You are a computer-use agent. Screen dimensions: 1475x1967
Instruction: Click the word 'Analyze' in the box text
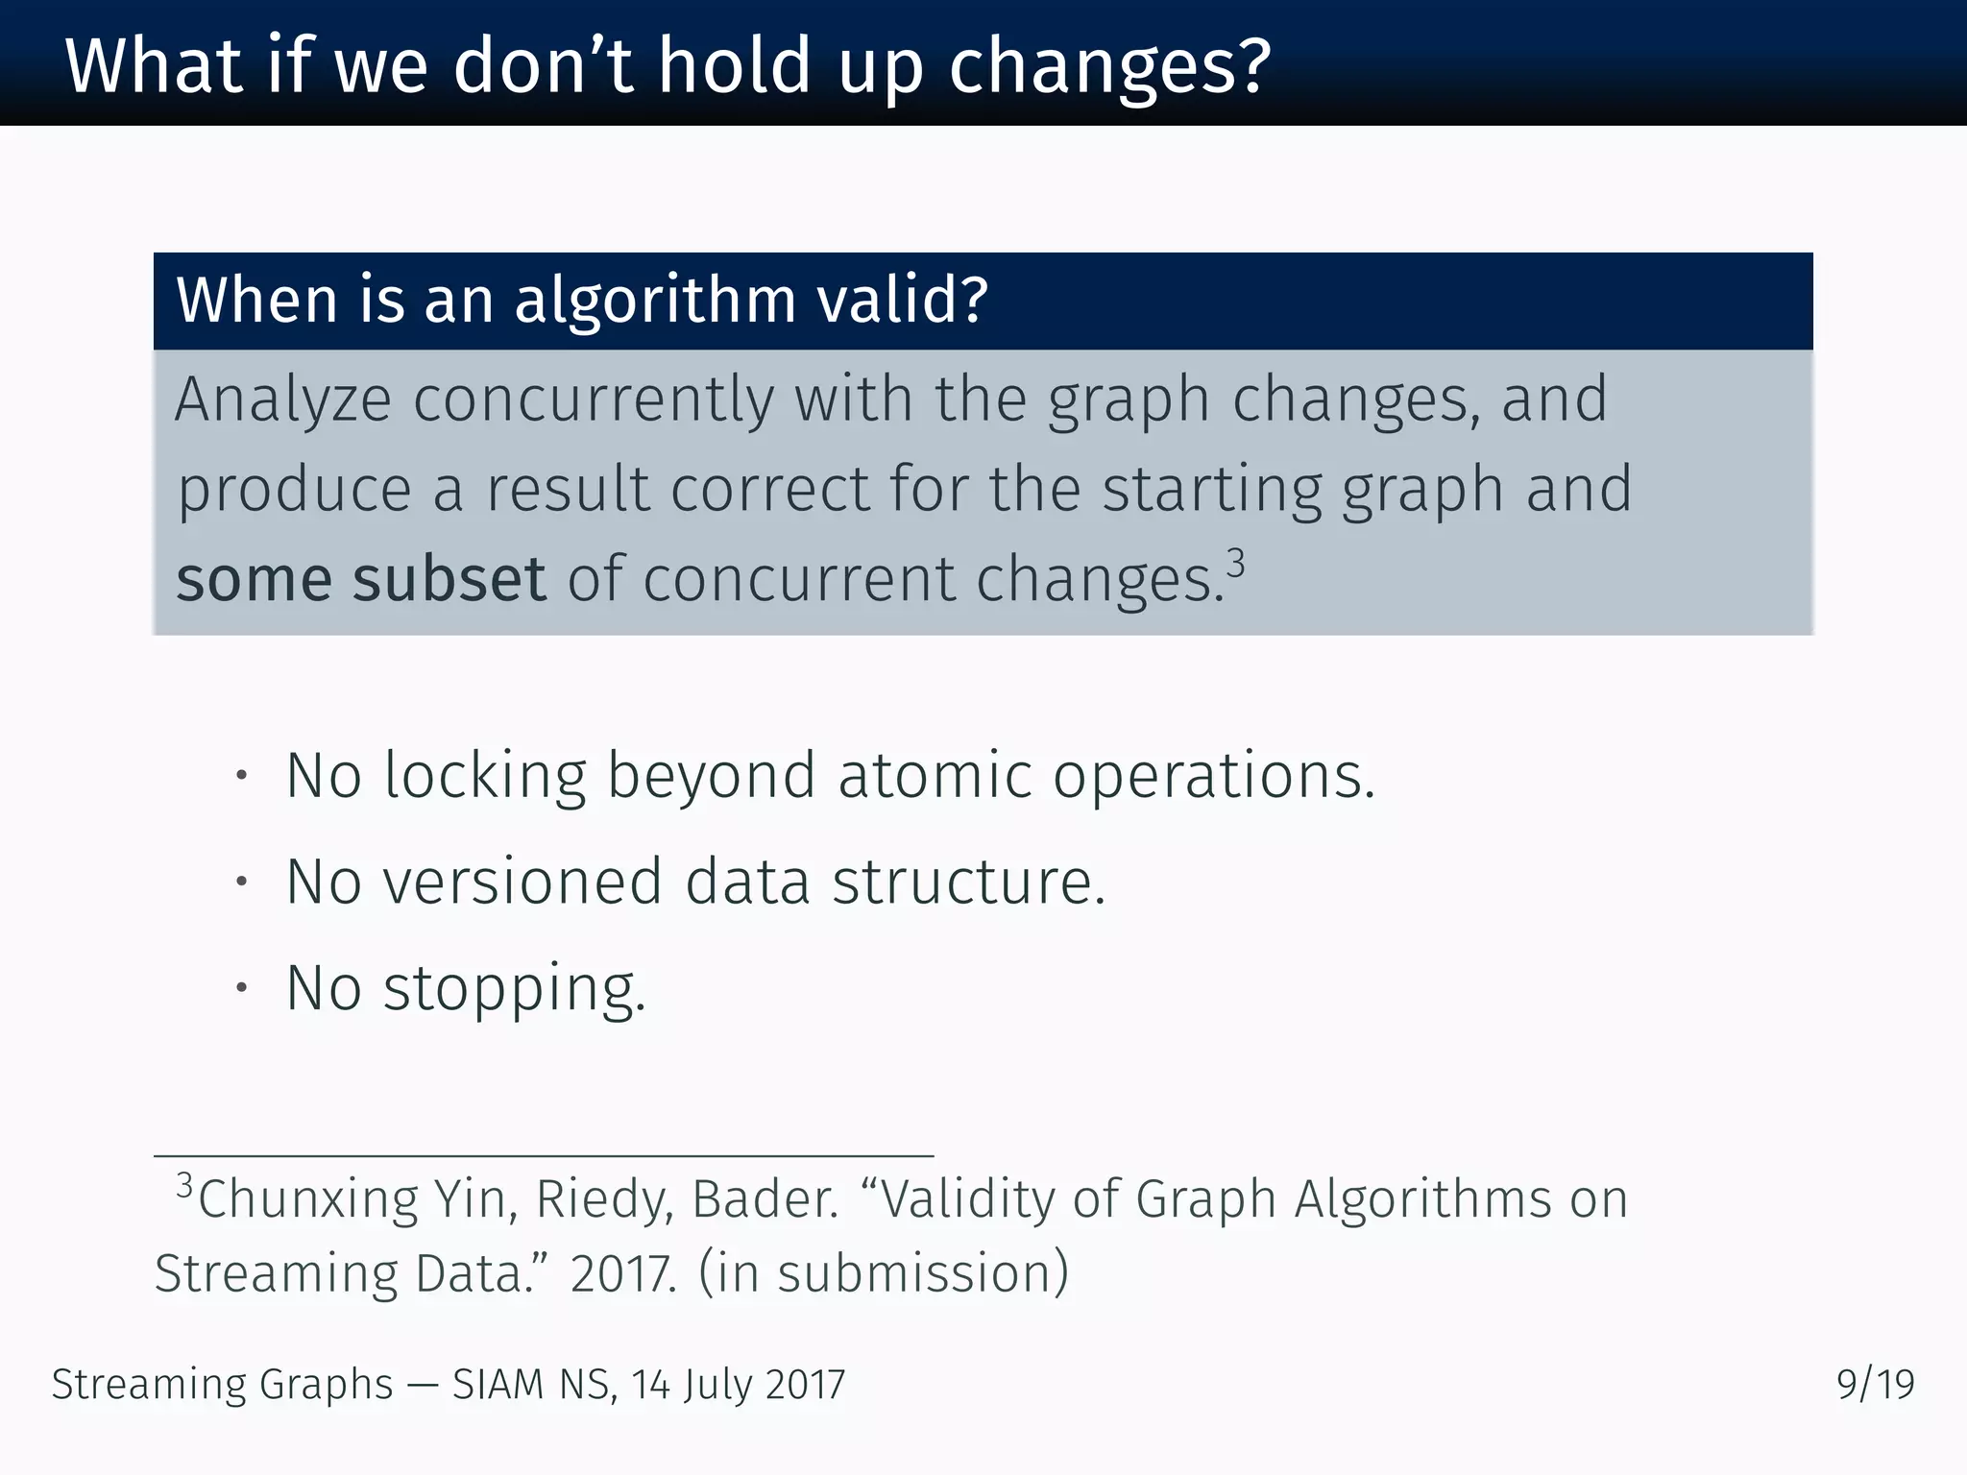(x=283, y=399)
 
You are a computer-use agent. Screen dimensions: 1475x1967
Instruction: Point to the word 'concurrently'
(x=593, y=399)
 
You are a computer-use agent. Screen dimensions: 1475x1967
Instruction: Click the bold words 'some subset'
(x=361, y=579)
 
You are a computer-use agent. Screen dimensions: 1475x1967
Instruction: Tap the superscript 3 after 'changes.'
(x=1236, y=563)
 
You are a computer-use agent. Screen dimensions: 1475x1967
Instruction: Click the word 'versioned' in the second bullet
(x=522, y=882)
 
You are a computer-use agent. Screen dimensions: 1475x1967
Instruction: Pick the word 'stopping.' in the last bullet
(x=515, y=989)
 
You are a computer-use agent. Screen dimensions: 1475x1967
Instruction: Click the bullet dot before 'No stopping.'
(x=242, y=988)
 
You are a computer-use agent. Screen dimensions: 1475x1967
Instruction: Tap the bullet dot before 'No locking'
(x=242, y=775)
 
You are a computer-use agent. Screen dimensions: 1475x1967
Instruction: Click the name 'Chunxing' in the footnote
(x=307, y=1199)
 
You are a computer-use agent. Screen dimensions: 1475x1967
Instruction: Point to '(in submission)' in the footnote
(x=883, y=1273)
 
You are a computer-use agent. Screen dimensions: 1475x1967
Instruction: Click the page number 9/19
(x=1875, y=1385)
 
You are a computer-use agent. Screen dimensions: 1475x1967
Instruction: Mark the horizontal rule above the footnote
(x=544, y=1156)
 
